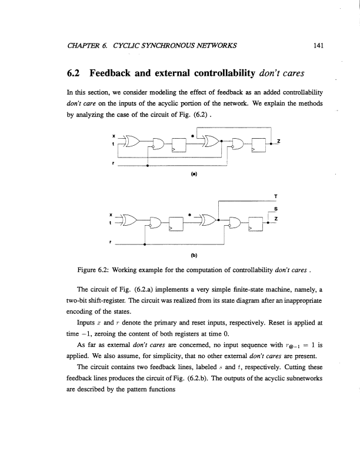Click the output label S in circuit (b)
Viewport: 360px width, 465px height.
point(277,209)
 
